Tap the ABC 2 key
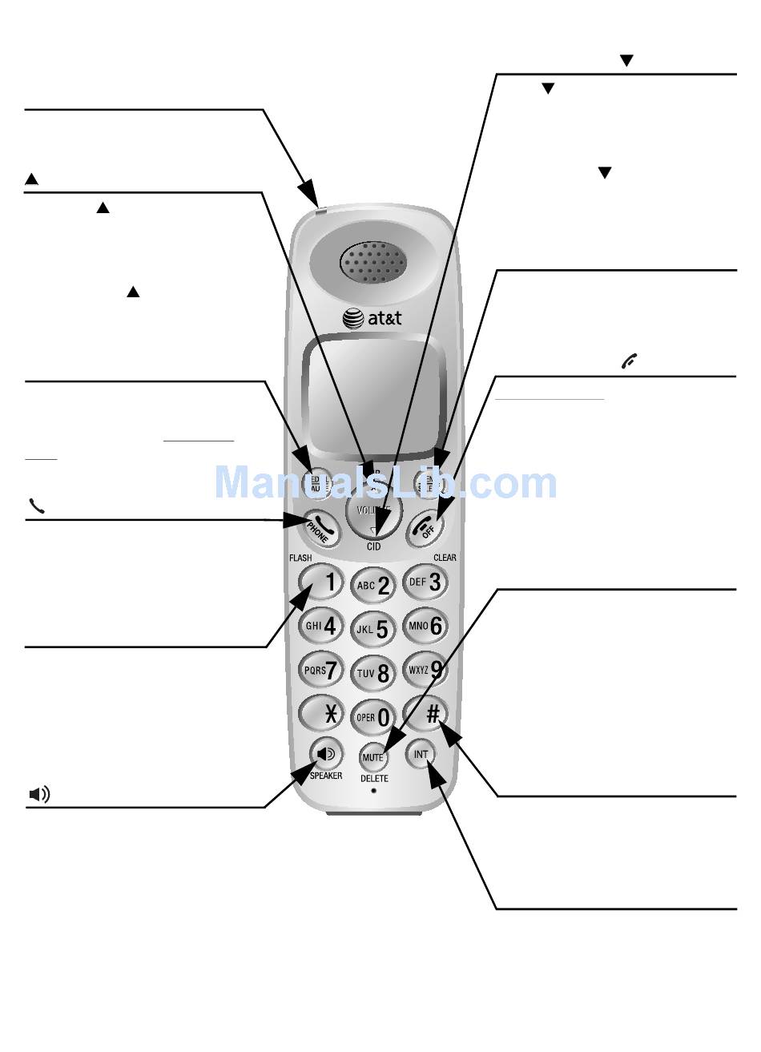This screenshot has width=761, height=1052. click(373, 585)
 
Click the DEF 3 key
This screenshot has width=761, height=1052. click(425, 582)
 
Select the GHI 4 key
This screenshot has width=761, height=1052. click(321, 625)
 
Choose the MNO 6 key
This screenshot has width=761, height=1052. click(425, 626)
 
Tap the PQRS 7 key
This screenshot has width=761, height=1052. click(320, 669)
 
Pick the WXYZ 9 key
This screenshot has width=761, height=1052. click(425, 669)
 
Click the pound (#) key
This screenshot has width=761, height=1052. click(425, 712)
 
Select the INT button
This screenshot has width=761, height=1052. click(421, 755)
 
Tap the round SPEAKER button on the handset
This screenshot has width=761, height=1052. click(326, 754)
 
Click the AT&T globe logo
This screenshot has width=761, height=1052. click(353, 318)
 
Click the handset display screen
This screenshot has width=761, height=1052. click(373, 397)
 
